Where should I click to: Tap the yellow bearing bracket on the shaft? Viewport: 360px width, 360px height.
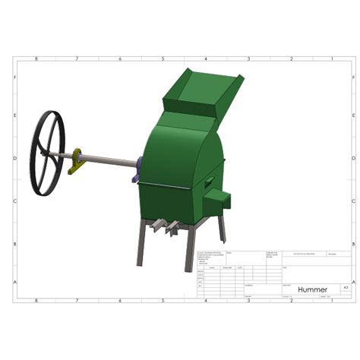point(77,162)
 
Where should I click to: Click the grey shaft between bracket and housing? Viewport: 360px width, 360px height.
point(110,161)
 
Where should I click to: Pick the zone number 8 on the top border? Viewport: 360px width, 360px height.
point(36,58)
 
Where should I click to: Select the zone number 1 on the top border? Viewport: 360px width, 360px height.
point(333,58)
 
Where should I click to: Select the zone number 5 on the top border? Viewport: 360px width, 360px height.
point(164,58)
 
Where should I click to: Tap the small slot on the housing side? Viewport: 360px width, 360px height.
point(207,181)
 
